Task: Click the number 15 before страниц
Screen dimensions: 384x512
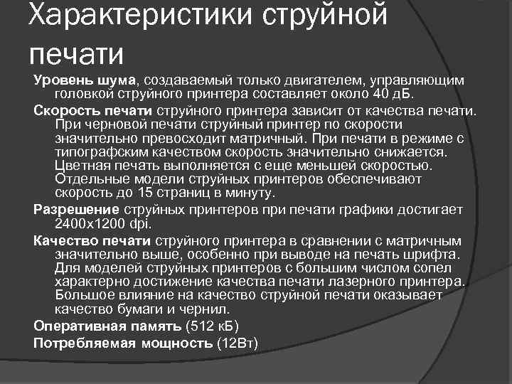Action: (144, 193)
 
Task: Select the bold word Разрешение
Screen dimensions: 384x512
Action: (78, 209)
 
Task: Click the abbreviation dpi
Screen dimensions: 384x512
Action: (141, 223)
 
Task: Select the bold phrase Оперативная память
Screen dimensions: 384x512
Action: (107, 326)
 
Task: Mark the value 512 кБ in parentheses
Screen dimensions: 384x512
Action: (212, 326)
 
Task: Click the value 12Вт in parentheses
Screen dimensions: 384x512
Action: (238, 342)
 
